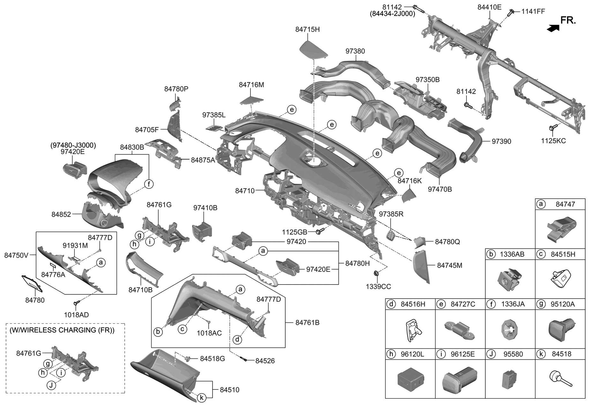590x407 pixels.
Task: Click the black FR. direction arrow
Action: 553,28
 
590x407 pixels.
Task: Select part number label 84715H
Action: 307,29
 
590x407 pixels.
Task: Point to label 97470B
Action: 440,189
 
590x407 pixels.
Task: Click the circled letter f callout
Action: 148,184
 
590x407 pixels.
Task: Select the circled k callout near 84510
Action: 201,397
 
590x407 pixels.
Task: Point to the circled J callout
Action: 51,385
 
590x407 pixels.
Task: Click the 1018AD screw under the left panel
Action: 77,303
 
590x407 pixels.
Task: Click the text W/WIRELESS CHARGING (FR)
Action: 62,330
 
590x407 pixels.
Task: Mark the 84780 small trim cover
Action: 32,283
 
